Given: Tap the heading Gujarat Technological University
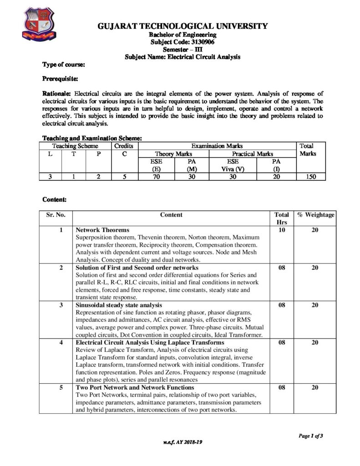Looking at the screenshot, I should pyautogui.click(x=183, y=26).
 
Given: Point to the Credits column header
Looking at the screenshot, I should pyautogui.click(x=123, y=146).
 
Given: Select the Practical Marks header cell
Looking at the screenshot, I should pyautogui.click(x=252, y=154).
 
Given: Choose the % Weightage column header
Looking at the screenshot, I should pyautogui.click(x=315, y=215).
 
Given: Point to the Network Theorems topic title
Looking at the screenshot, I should pyautogui.click(x=102, y=230).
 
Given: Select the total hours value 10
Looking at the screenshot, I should pyautogui.click(x=281, y=230).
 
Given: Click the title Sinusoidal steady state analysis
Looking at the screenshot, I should pyautogui.click(x=119, y=304).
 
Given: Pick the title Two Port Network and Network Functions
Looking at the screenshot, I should pyautogui.click(x=135, y=387).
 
